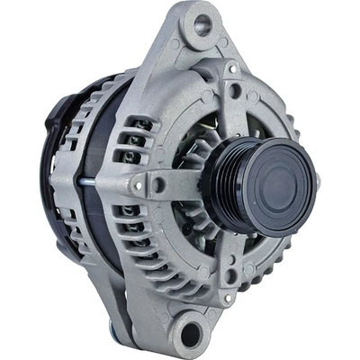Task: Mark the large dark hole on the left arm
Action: (x=158, y=185)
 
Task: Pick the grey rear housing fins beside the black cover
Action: (x=67, y=216)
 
